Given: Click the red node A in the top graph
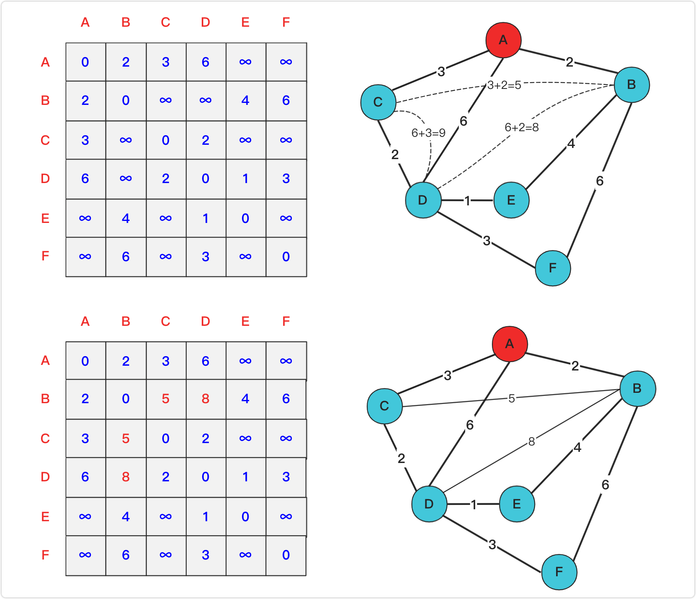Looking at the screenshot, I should click(x=503, y=40).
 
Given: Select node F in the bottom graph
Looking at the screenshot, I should click(x=559, y=572).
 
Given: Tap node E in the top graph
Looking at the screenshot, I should click(x=511, y=200).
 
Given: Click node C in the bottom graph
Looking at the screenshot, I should click(x=384, y=406).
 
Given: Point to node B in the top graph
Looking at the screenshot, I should click(x=631, y=85).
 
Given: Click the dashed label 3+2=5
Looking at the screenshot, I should click(x=504, y=85).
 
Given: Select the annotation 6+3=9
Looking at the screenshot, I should click(x=428, y=133).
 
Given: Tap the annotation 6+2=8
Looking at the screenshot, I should click(x=521, y=127).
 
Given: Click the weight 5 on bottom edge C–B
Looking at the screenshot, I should click(x=511, y=398).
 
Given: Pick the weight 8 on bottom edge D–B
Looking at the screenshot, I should click(x=531, y=441).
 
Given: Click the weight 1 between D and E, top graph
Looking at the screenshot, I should click(x=467, y=201).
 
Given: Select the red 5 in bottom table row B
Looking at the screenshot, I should click(x=165, y=398).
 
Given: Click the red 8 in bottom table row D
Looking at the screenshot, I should click(x=126, y=477).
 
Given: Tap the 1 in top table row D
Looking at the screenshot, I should click(x=245, y=178).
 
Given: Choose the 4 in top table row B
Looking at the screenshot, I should click(x=245, y=100).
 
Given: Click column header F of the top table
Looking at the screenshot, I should click(x=286, y=22).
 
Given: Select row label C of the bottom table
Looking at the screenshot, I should click(x=45, y=438).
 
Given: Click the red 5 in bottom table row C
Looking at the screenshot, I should click(x=126, y=438).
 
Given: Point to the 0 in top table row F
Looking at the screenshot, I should click(x=286, y=256).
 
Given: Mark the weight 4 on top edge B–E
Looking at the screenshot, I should click(x=571, y=143).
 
